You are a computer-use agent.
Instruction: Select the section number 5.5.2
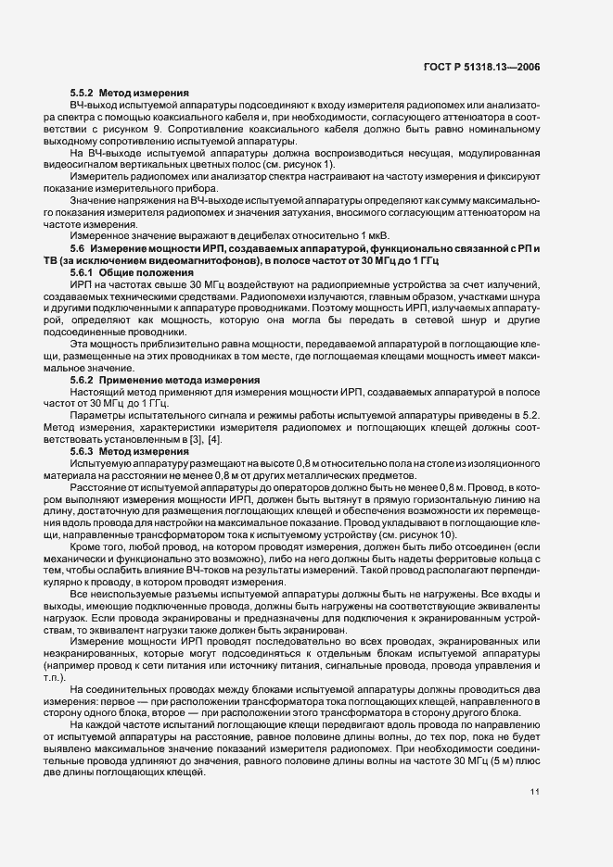coord(83,94)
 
